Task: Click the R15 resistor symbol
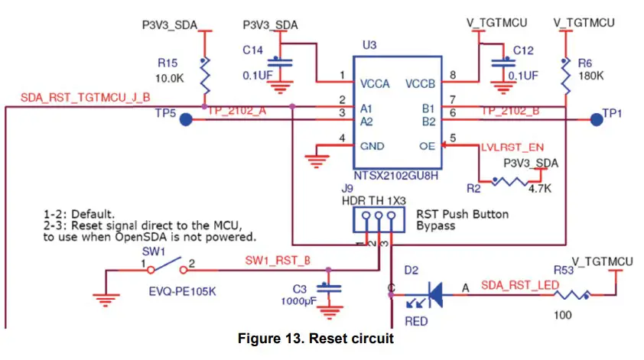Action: pos(204,76)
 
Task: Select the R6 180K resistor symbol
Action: pos(565,75)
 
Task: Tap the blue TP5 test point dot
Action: pos(186,121)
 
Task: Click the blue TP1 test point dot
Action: pos(594,118)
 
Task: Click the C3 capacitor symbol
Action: pos(330,289)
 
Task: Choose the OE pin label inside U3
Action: pos(428,146)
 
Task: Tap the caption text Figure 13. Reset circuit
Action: pos(316,339)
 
